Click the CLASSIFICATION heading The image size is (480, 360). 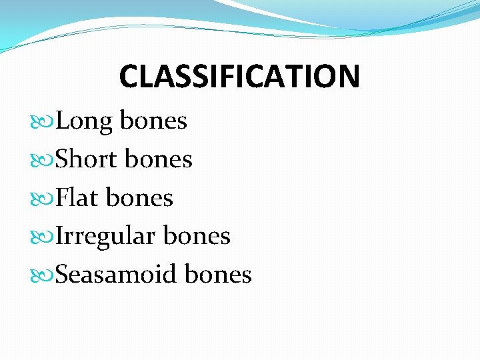pos(239,76)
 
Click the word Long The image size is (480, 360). pos(85,122)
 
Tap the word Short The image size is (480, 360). pos(87,159)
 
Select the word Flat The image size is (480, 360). pos(78,198)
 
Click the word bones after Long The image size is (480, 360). pos(153,121)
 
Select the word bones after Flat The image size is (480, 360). pos(140,198)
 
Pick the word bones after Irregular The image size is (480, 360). pos(197,236)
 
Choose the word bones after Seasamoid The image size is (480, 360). pos(218,274)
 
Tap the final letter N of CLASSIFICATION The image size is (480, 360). pos(349,76)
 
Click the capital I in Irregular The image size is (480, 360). pos(60,236)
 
